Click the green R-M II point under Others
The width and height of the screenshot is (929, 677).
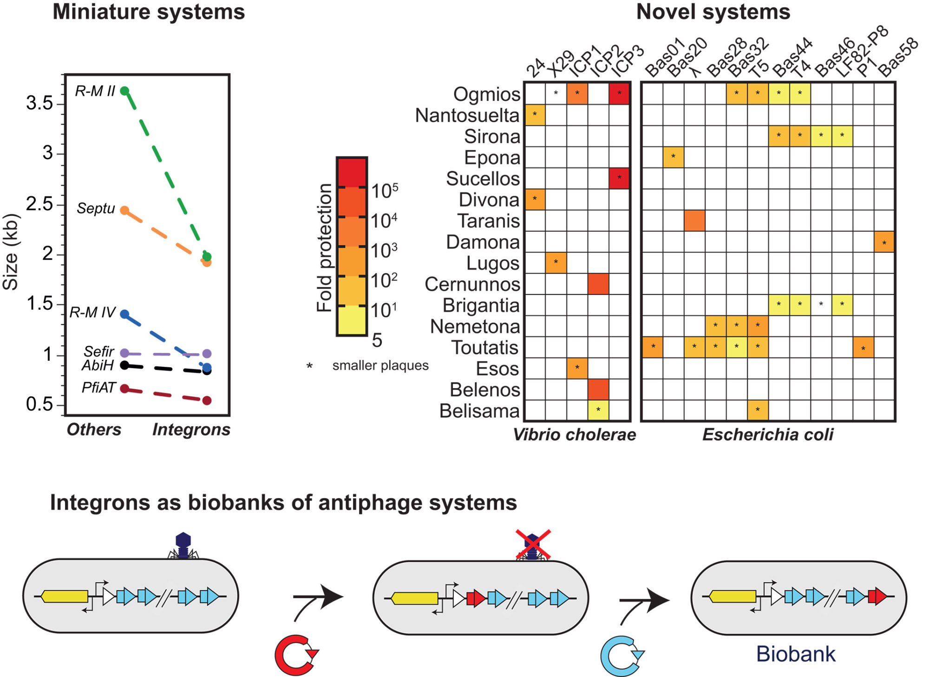(124, 91)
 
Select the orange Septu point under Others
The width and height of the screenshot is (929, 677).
(124, 210)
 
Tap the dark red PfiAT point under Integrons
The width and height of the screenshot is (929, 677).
(207, 400)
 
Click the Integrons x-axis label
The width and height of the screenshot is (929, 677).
(191, 430)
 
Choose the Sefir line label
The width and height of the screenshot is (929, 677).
(99, 351)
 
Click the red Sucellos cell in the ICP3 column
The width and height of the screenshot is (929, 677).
(619, 178)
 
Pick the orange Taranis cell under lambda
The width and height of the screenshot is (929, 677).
(694, 221)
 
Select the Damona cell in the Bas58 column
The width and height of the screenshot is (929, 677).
(884, 242)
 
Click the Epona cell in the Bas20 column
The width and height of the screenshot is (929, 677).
(673, 157)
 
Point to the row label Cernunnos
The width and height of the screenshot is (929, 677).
(472, 284)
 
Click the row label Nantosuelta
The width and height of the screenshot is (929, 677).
(467, 115)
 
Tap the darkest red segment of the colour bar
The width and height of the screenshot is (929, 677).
(352, 172)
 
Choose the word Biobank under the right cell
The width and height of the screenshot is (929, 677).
(796, 654)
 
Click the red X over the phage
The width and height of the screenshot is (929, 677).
(533, 544)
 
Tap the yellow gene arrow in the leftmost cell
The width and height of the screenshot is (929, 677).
(65, 596)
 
